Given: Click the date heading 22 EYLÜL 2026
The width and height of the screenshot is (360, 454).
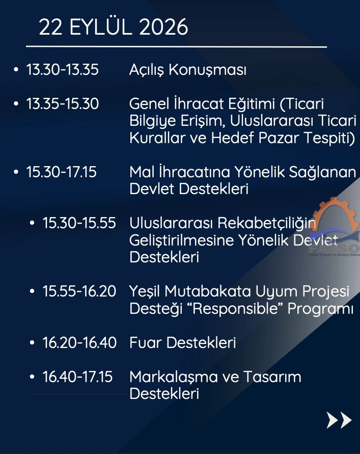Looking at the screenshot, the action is (114, 27).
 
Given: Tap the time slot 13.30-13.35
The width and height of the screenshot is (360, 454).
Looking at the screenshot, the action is (63, 69).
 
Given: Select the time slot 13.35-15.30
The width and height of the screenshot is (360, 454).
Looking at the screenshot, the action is (63, 103).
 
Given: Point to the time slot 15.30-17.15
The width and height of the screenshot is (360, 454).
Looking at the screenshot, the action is (61, 172).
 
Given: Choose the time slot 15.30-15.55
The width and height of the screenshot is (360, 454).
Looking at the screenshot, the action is (79, 223).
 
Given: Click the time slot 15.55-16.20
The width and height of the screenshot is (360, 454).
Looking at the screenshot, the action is (79, 291).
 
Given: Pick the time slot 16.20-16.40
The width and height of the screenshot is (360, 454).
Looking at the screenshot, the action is (79, 342).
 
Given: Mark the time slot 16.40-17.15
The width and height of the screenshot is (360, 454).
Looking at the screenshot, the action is (77, 377).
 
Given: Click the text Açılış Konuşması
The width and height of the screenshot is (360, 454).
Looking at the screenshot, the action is (188, 70).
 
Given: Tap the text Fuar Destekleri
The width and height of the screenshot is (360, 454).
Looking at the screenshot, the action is (183, 342).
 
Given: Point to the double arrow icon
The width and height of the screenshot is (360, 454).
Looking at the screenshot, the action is (339, 420).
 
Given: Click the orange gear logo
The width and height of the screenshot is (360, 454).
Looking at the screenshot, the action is (336, 215).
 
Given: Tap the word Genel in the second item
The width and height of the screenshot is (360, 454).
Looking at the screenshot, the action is (149, 103).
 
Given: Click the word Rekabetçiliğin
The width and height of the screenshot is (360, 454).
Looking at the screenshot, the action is (266, 224).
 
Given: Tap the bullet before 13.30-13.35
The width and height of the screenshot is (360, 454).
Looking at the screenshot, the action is (16, 69).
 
